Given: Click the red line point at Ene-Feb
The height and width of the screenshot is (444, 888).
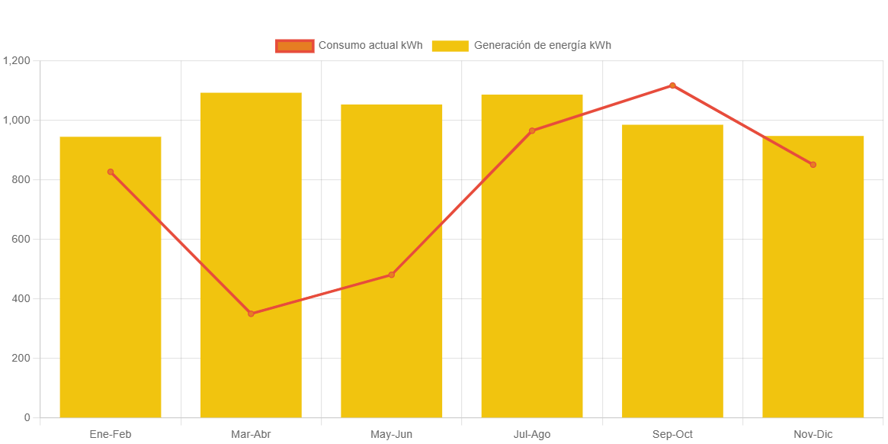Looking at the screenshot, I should pos(111,172).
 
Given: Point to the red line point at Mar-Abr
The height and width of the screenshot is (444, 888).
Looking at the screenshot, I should pos(251,314).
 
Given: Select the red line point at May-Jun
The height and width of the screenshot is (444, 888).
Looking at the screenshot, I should pos(392,275).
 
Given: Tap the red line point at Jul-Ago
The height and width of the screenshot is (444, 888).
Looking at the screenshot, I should pos(532,131).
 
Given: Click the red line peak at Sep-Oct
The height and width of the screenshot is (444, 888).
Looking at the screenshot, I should pos(672,85).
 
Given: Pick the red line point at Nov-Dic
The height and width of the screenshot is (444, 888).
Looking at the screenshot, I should pos(813,165).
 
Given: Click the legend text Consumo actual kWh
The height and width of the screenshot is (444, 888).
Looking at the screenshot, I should pos(370,46).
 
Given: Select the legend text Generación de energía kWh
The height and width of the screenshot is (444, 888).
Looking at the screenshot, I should pos(542,46).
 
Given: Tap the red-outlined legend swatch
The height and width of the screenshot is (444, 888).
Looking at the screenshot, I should pos(295,46).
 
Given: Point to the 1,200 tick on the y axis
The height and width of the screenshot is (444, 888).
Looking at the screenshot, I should pos(16,60).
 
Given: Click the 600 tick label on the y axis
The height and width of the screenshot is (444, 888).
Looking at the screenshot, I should pos(21,239).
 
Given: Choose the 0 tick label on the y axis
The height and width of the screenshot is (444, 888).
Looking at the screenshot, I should pos(27,417).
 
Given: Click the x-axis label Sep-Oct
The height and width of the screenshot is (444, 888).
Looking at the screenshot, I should pos(672,435).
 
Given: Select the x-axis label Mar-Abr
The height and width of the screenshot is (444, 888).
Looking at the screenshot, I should pos(251,435).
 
